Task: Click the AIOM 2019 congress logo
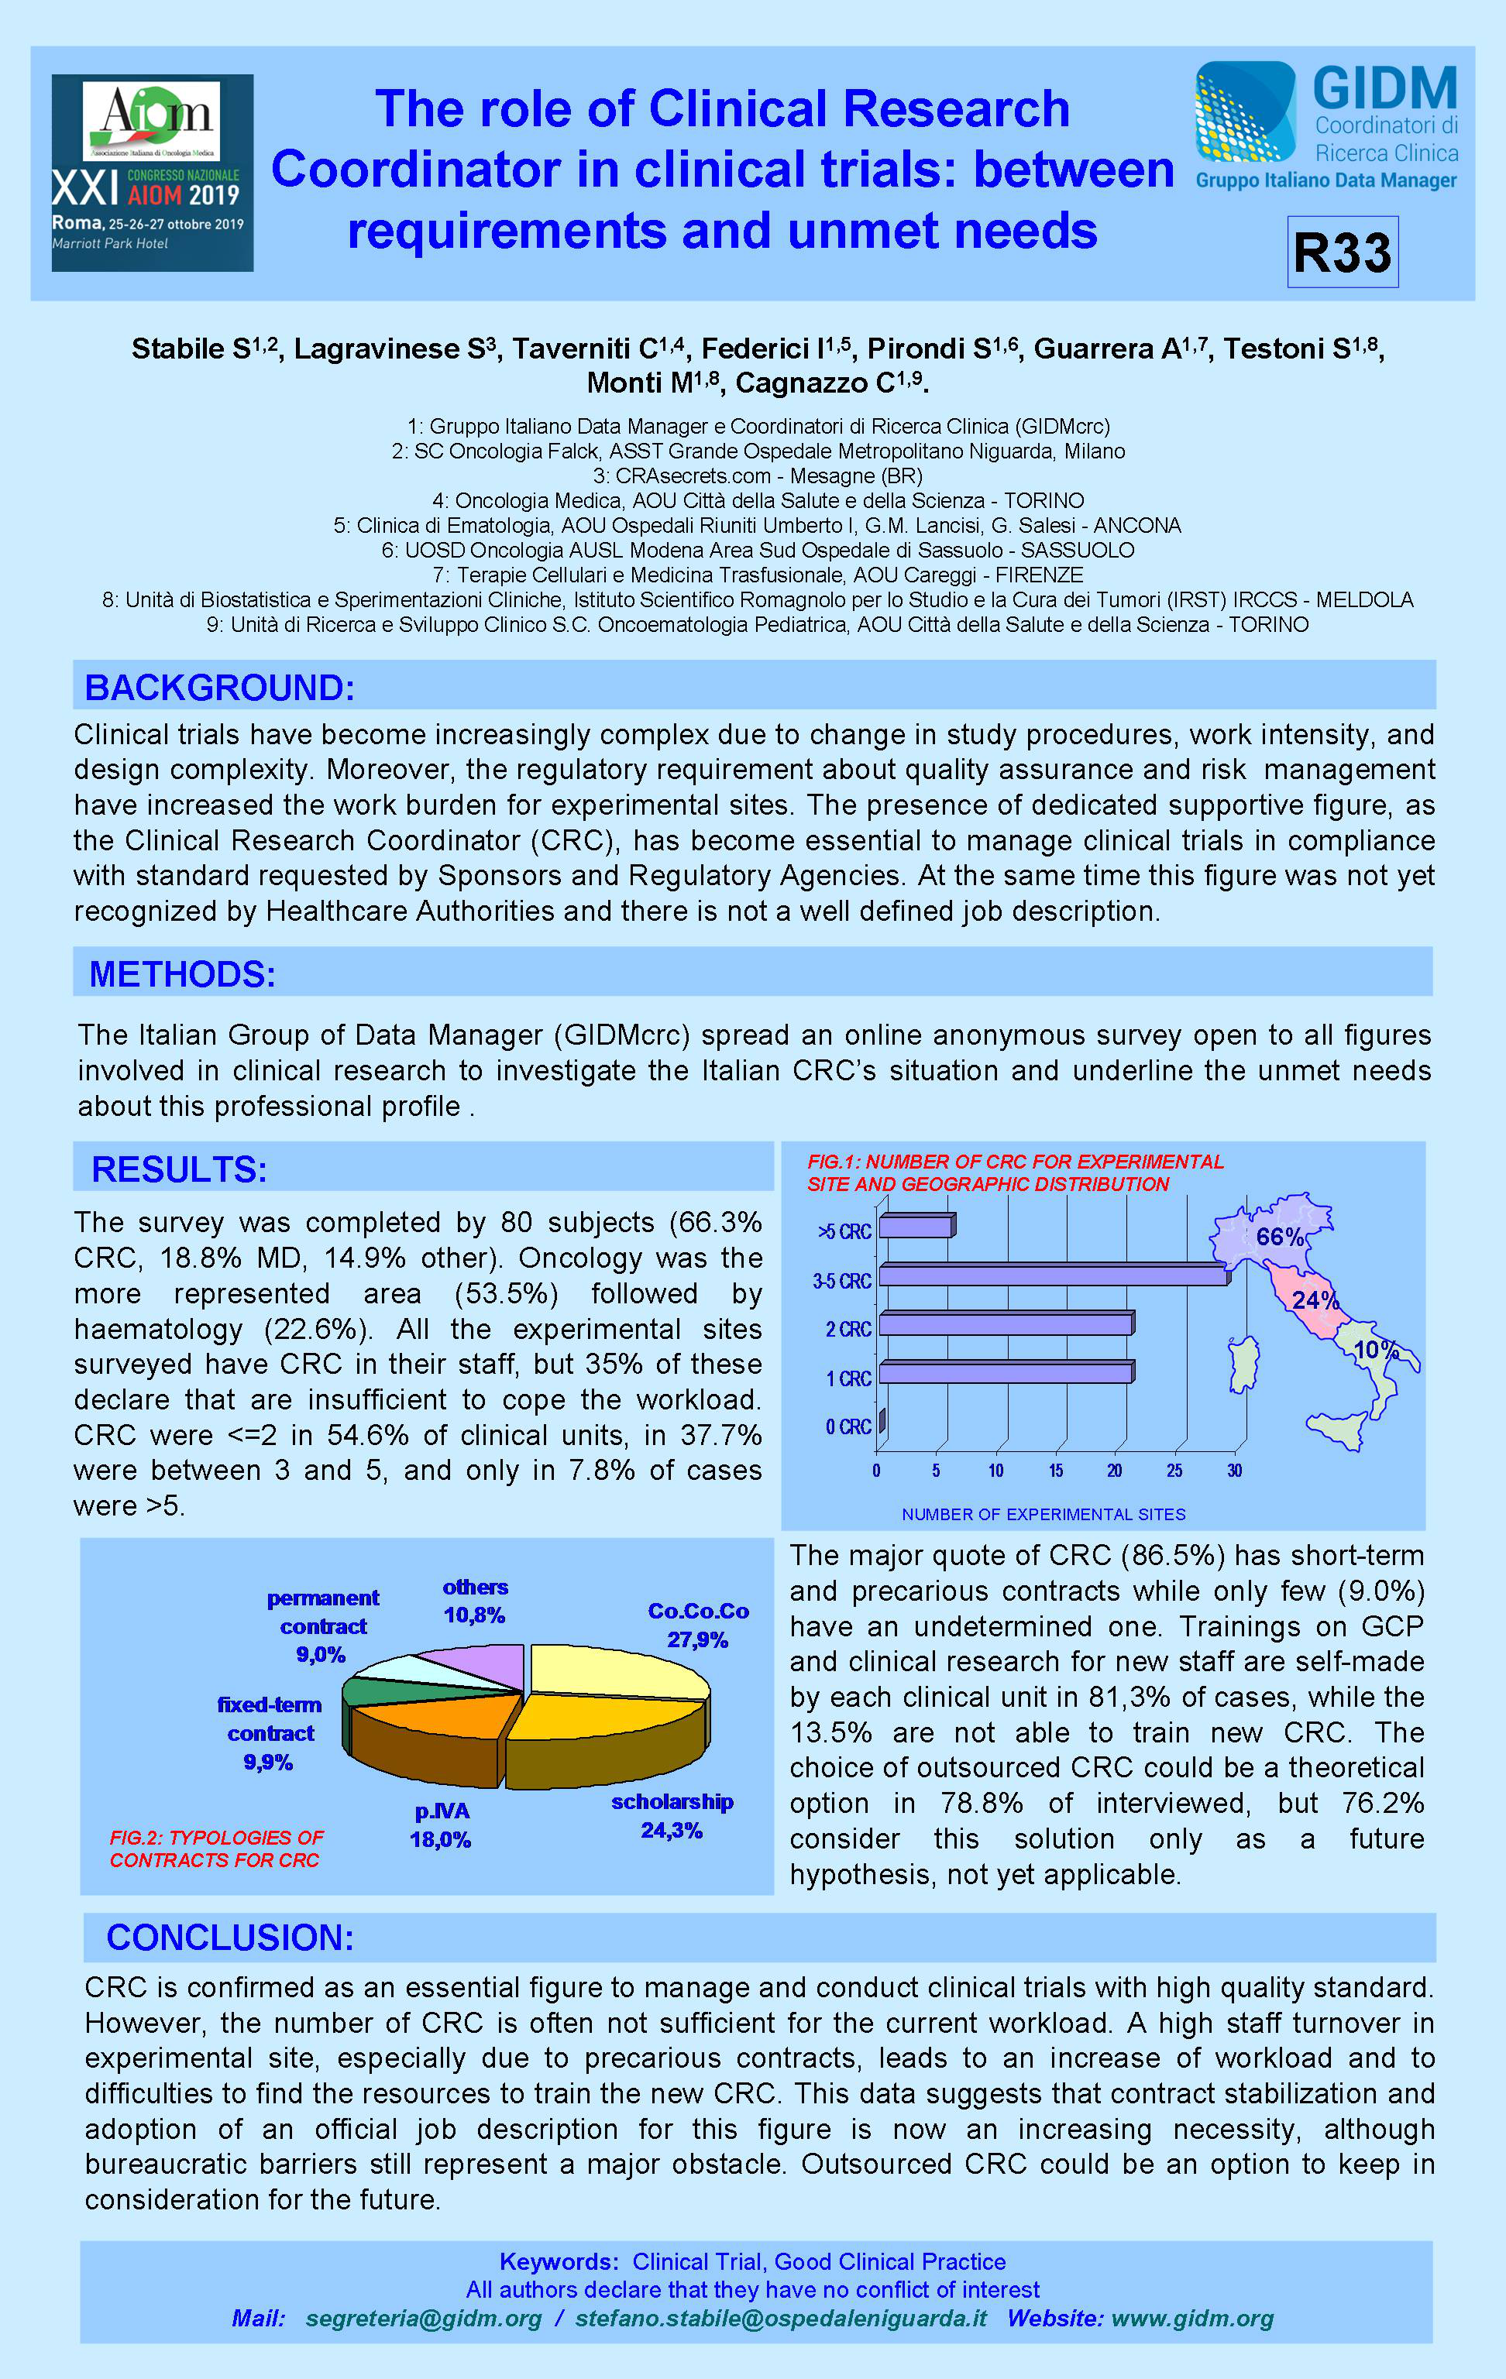click(152, 173)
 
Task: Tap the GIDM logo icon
click(1244, 112)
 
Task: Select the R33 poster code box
click(1342, 252)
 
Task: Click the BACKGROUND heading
click(219, 688)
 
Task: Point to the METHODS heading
click(182, 974)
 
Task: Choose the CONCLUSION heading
click(229, 1938)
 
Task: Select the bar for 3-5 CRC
click(1053, 1276)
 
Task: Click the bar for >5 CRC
click(915, 1227)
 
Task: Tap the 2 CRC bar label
click(848, 1330)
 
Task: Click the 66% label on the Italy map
click(1279, 1237)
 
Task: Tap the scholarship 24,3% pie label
click(672, 1816)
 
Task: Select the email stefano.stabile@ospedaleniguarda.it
click(781, 2318)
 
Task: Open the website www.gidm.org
click(1191, 2318)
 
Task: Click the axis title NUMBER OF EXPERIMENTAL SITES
click(1043, 1515)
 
